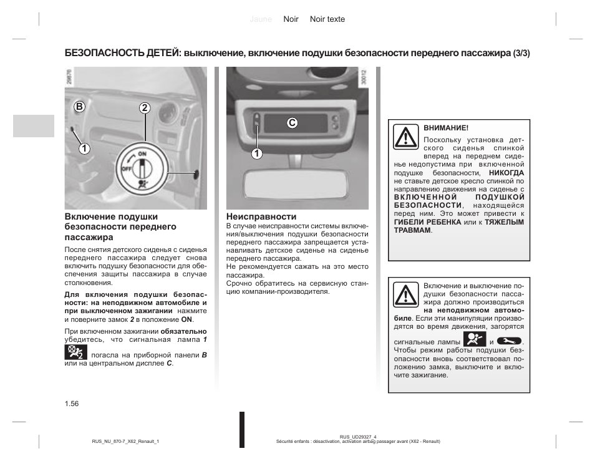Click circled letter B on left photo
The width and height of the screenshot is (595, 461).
pyautogui.click(x=79, y=107)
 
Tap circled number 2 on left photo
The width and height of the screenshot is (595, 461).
pyautogui.click(x=145, y=107)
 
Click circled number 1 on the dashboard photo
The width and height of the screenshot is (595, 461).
pyautogui.click(x=82, y=148)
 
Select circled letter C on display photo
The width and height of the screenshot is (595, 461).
pyautogui.click(x=291, y=124)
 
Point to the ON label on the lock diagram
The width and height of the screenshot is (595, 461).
pyautogui.click(x=142, y=153)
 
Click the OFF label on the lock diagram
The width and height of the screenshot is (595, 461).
pyautogui.click(x=125, y=168)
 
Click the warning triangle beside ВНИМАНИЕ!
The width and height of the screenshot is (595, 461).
pyautogui.click(x=406, y=137)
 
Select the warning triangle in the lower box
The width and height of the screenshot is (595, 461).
pyautogui.click(x=406, y=294)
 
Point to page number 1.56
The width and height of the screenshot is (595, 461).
pyautogui.click(x=71, y=404)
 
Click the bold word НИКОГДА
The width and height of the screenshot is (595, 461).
pyautogui.click(x=506, y=173)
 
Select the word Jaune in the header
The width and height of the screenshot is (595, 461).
pyautogui.click(x=261, y=19)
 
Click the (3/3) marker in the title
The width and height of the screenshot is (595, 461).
pyautogui.click(x=521, y=53)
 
